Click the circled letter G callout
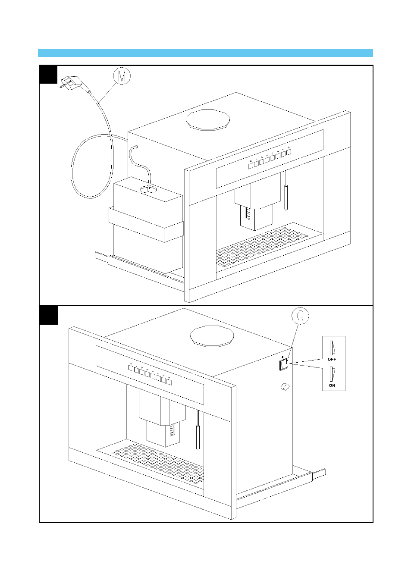coord(300,316)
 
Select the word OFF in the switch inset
coord(332,359)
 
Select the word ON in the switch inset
coord(332,386)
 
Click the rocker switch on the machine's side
coord(284,365)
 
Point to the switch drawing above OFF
coord(333,348)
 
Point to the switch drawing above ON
coord(333,374)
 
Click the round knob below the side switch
coord(285,387)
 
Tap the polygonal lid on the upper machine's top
coord(208,119)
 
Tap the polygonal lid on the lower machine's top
coord(212,335)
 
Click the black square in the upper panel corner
coord(48,75)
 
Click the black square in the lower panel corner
coord(48,315)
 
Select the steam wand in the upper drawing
coord(286,190)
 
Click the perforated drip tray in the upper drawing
coord(267,248)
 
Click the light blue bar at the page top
coord(205,53)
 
